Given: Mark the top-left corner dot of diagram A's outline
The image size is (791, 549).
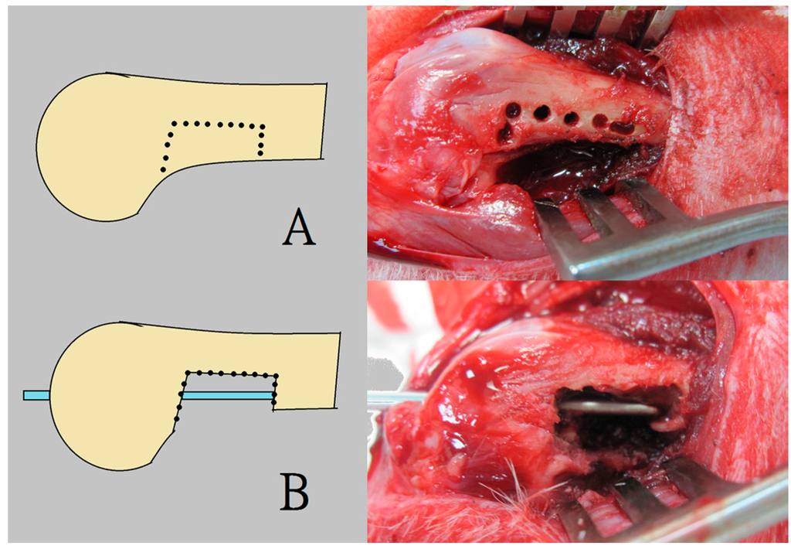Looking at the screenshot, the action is [x=173, y=123].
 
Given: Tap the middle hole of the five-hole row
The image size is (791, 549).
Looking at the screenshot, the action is [x=571, y=118].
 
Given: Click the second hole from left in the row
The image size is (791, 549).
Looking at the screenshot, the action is [x=541, y=113].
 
